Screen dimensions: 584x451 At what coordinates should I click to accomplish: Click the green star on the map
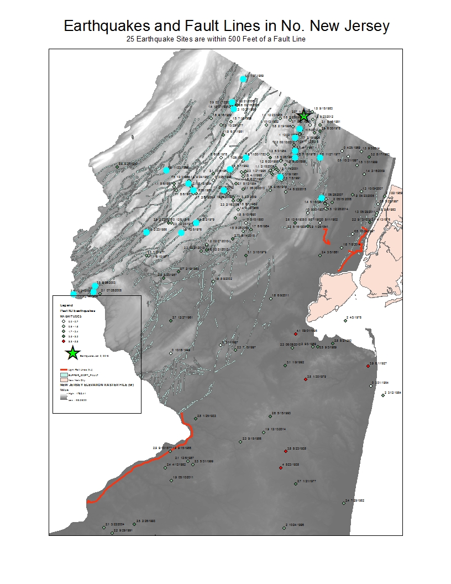pyautogui.click(x=303, y=116)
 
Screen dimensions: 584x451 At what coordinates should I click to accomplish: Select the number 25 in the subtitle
pyautogui.click(x=130, y=39)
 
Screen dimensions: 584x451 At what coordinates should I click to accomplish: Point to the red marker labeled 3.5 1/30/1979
pyautogui.click(x=306, y=379)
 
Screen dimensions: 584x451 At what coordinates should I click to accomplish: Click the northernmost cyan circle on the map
pyautogui.click(x=243, y=79)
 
